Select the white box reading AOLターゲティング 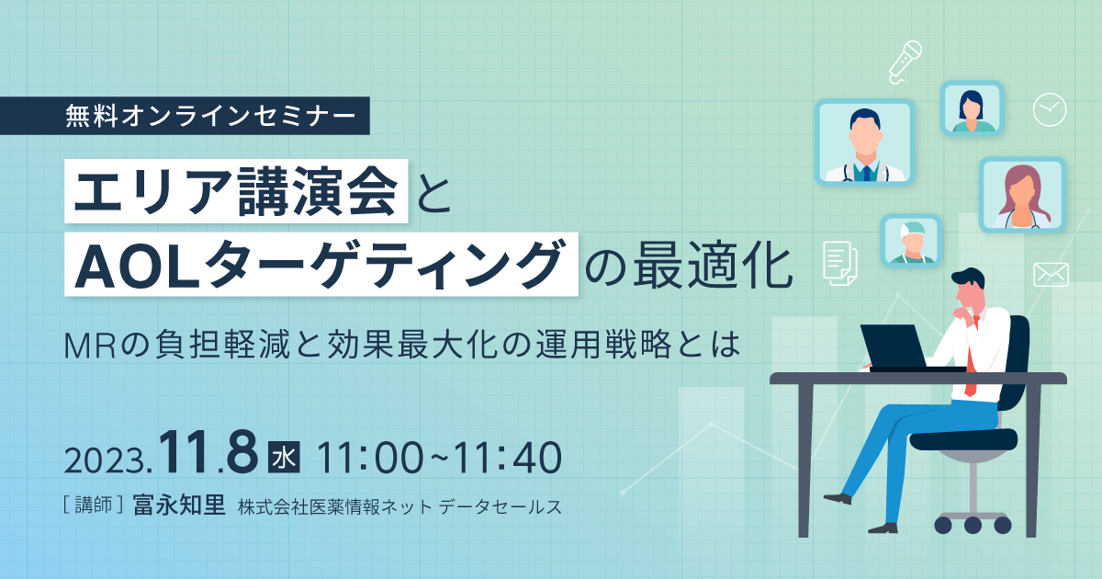[x=321, y=263]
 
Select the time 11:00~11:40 [x=437, y=458]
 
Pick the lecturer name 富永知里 [x=179, y=505]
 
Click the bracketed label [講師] [x=93, y=506]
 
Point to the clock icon [x=1049, y=109]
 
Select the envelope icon [x=1051, y=274]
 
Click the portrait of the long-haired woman [x=1021, y=196]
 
